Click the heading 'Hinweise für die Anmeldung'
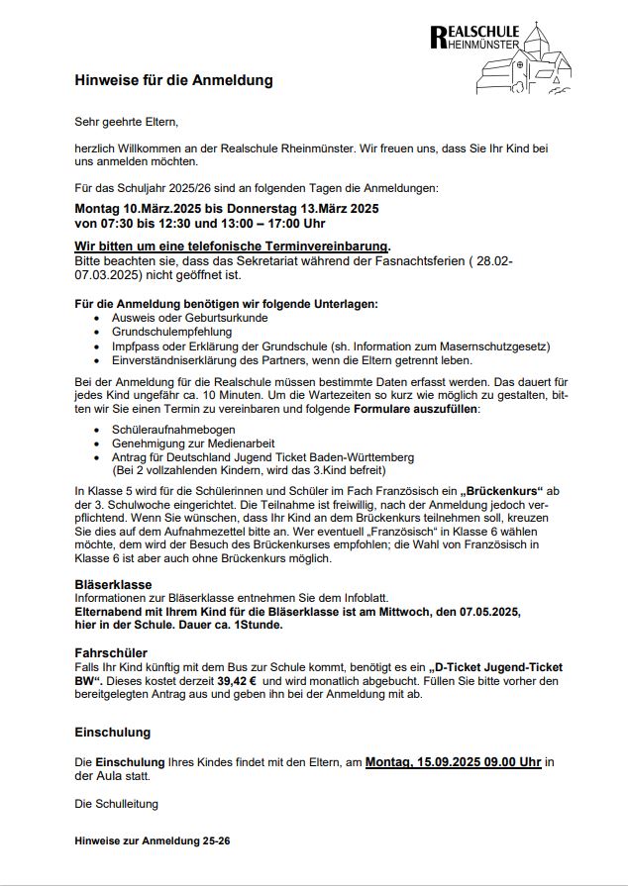pyautogui.click(x=173, y=80)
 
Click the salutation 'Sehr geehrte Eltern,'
pyautogui.click(x=126, y=122)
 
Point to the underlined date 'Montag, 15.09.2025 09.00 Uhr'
pyautogui.click(x=453, y=762)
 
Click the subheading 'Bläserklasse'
pyautogui.click(x=113, y=585)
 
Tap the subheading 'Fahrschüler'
pyautogui.click(x=111, y=653)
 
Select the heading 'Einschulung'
pyautogui.click(x=113, y=733)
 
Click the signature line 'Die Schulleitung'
pyautogui.click(x=116, y=804)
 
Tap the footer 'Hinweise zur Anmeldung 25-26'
pyautogui.click(x=153, y=840)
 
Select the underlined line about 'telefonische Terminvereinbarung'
pyautogui.click(x=232, y=246)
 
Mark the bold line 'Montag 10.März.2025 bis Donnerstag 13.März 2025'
pyautogui.click(x=227, y=209)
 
